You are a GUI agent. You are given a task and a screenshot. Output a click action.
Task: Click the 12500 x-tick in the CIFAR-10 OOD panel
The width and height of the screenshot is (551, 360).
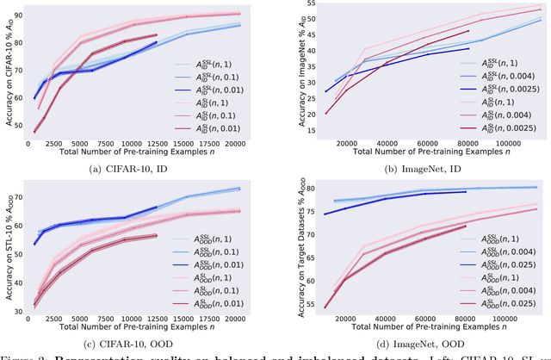click(156, 321)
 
